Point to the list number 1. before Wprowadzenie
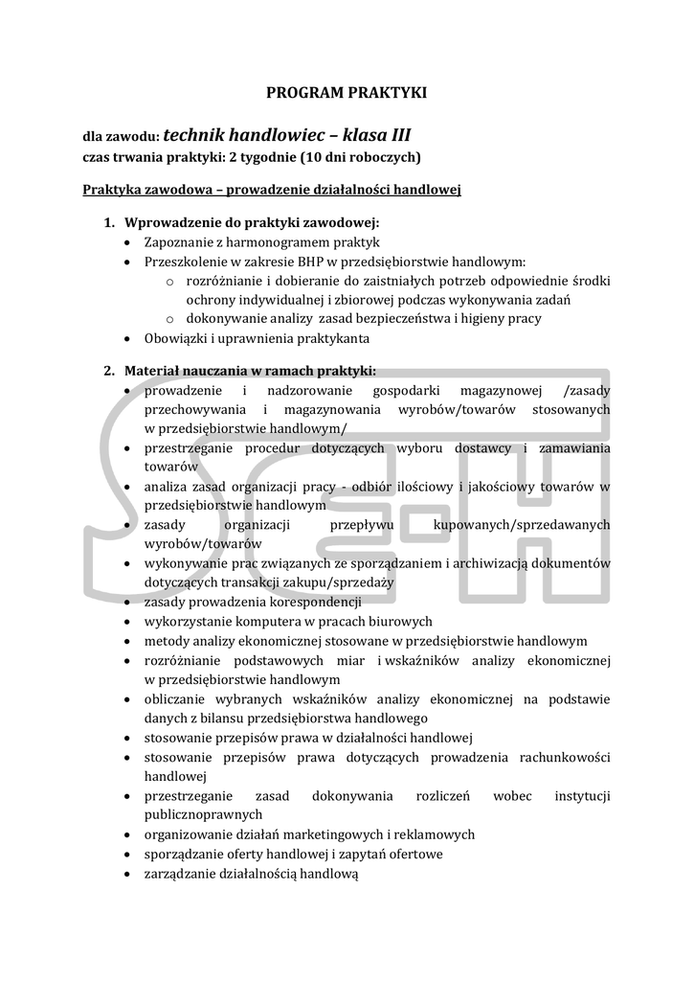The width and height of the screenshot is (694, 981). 110,222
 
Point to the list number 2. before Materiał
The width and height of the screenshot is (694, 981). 110,371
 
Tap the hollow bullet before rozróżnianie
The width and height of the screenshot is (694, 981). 169,281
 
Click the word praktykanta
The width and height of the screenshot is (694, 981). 334,338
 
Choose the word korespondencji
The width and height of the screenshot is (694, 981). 314,602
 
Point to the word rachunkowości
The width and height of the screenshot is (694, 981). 561,757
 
